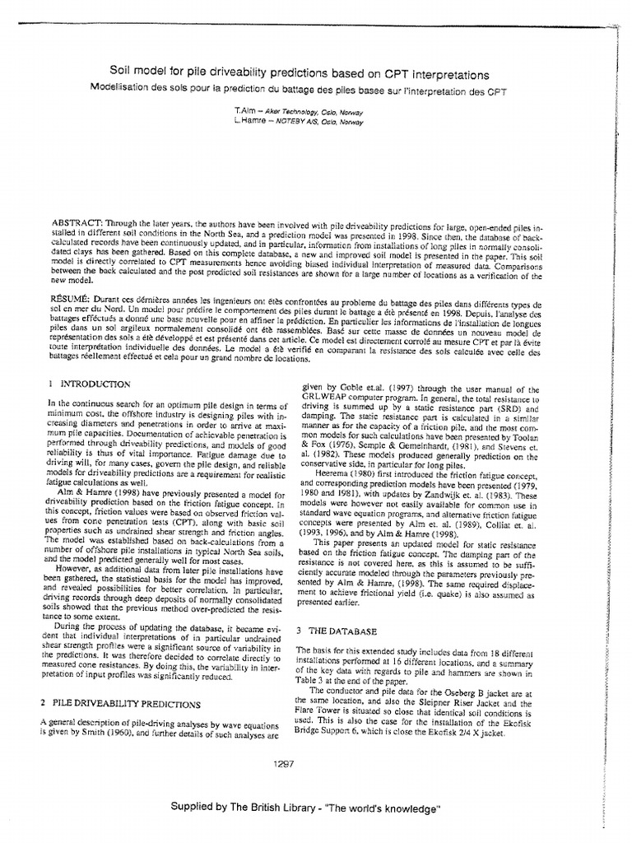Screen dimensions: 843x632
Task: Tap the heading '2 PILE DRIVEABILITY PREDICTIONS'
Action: [x=120, y=704]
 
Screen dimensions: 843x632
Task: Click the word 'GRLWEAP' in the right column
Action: [x=328, y=399]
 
